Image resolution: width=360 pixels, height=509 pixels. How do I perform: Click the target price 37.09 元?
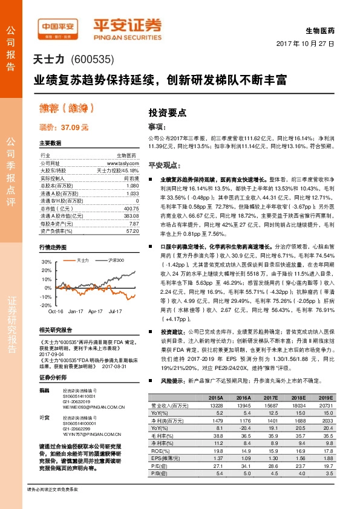pyautogui.click(x=64, y=128)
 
